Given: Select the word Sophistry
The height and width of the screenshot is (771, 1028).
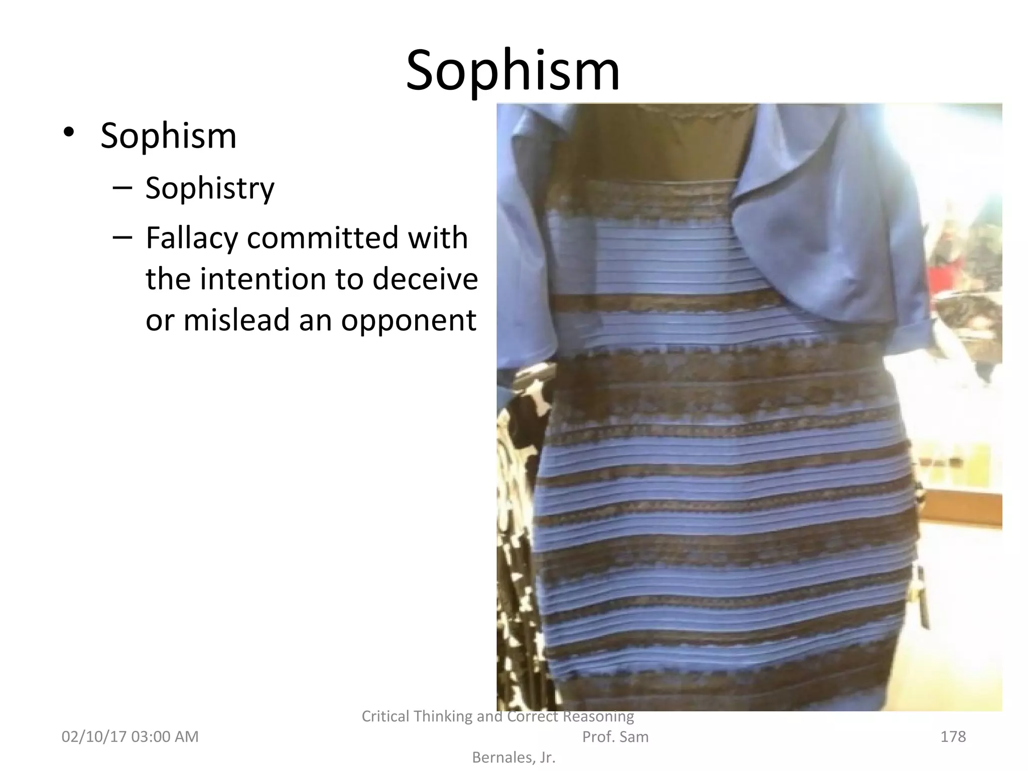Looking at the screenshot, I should pyautogui.click(x=210, y=188).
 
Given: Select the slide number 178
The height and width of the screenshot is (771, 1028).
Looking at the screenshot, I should pyautogui.click(x=953, y=736).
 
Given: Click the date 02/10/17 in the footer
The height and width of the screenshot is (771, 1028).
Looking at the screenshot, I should pyautogui.click(x=93, y=736).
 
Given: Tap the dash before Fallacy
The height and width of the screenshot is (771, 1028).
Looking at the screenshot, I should pyautogui.click(x=122, y=237).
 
